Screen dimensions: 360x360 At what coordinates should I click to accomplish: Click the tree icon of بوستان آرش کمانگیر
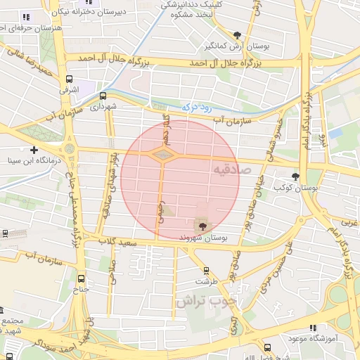pyautogui.click(x=238, y=35)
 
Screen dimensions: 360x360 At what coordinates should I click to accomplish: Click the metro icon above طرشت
pyautogui.click(x=205, y=271)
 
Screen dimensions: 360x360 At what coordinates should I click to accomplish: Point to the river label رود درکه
pyautogui.click(x=198, y=106)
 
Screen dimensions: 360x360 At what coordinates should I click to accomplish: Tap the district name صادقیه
pyautogui.click(x=228, y=169)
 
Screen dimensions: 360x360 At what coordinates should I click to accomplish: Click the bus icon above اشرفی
pyautogui.click(x=69, y=80)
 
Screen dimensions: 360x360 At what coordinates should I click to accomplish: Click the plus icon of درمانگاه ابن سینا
pyautogui.click(x=34, y=150)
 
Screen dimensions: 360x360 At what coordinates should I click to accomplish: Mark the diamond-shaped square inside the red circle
pyautogui.click(x=162, y=153)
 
